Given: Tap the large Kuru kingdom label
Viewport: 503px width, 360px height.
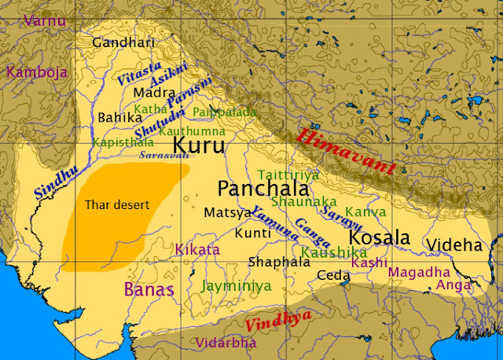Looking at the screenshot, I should pyautogui.click(x=198, y=145).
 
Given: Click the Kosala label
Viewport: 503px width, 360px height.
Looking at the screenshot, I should pyautogui.click(x=379, y=237).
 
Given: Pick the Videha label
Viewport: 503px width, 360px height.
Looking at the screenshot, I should pyautogui.click(x=453, y=244).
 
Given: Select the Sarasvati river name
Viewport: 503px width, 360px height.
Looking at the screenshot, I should pyautogui.click(x=164, y=156).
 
